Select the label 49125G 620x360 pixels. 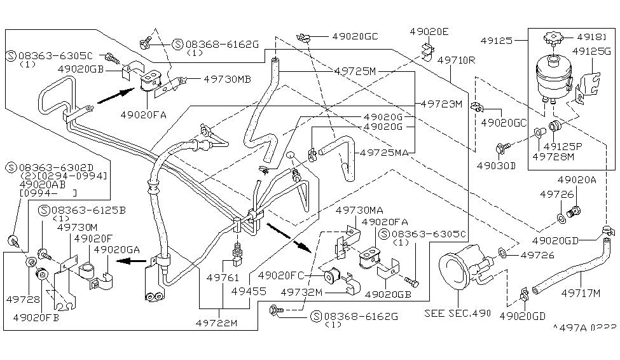591,52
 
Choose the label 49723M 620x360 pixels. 440,103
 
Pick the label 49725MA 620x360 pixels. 385,153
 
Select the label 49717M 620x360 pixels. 580,293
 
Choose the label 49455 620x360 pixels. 248,291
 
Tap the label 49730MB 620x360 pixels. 227,80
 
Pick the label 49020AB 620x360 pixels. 44,184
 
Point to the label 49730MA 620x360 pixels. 359,211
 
